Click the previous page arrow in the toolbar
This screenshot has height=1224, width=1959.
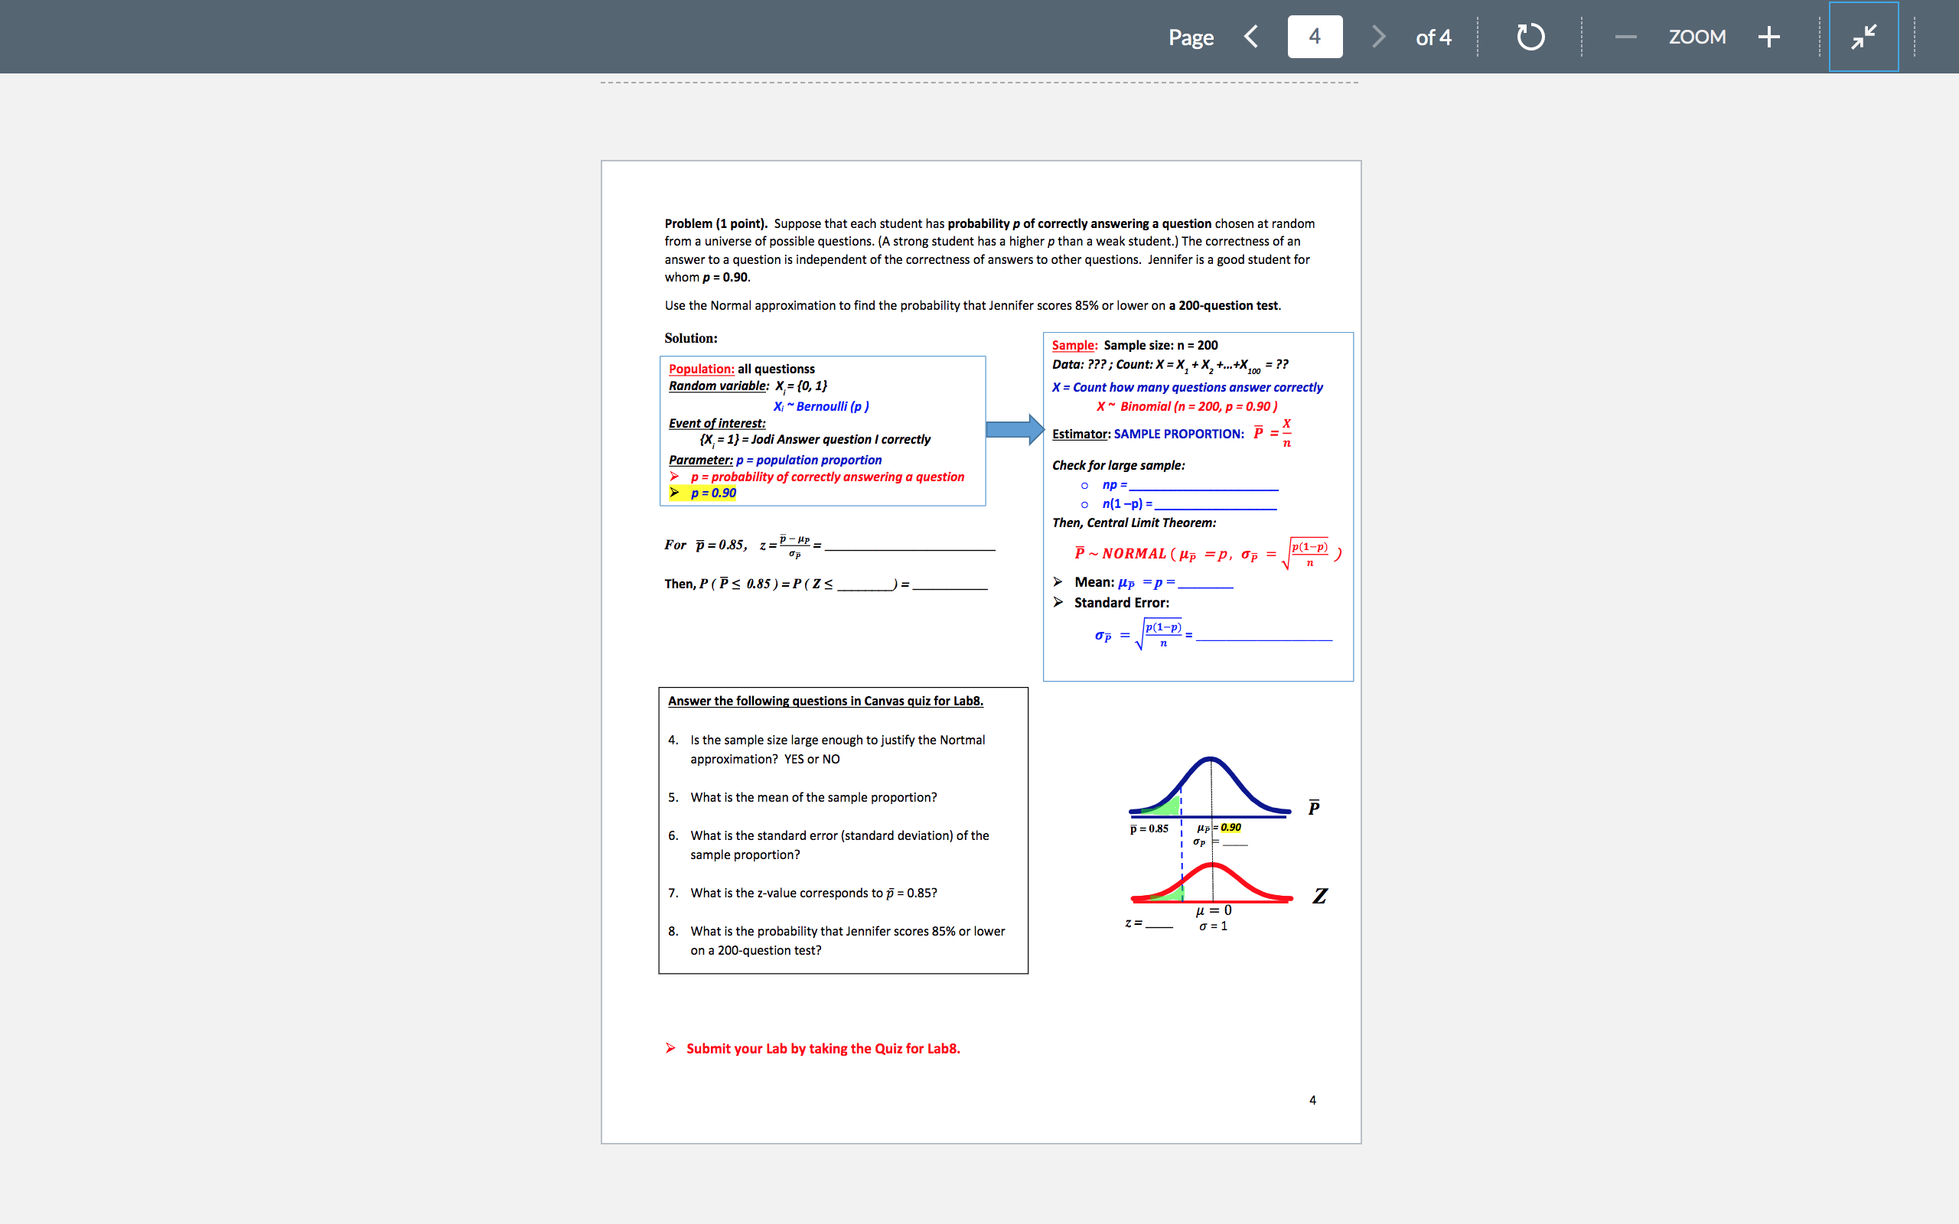click(x=1251, y=37)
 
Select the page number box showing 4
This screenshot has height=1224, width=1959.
click(x=1315, y=37)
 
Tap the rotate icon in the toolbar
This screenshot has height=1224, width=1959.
click(x=1530, y=37)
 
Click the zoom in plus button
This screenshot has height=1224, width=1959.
click(x=1769, y=37)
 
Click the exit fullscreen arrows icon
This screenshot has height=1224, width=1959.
click(x=1863, y=37)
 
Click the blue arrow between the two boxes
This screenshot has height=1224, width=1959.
click(x=1014, y=429)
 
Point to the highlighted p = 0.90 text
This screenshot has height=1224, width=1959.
click(x=712, y=493)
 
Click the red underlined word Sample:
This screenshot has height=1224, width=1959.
click(x=1074, y=346)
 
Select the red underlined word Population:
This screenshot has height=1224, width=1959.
click(x=701, y=369)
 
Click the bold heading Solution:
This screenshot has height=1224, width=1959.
click(x=690, y=338)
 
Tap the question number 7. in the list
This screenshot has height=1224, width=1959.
click(x=673, y=893)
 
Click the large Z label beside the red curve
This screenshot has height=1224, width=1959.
click(x=1319, y=895)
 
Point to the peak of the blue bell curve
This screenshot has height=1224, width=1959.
click(x=1210, y=760)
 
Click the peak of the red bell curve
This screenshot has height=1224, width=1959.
click(x=1212, y=865)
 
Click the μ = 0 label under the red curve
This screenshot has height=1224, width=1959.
click(x=1214, y=910)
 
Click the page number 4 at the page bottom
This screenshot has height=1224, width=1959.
click(x=1312, y=1100)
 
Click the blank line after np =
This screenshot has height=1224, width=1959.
click(x=1204, y=486)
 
